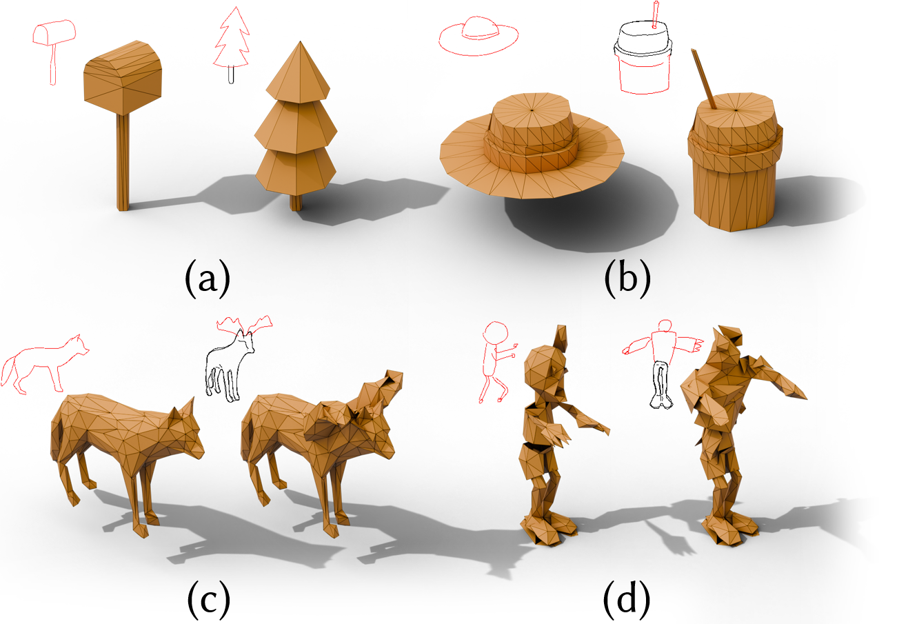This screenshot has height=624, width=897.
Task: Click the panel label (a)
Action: click(208, 279)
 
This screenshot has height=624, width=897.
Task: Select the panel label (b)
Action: click(627, 279)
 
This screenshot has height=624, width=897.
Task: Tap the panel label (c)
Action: click(209, 600)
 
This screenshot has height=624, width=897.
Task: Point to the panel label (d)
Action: click(627, 600)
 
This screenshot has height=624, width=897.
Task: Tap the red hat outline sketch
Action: click(478, 35)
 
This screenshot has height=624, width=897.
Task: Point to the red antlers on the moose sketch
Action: click(244, 325)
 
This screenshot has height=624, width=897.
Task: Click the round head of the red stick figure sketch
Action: click(496, 332)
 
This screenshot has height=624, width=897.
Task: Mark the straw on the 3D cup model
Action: click(703, 79)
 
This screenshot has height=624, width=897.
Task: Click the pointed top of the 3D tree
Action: click(299, 43)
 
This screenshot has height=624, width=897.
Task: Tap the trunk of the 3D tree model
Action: click(296, 202)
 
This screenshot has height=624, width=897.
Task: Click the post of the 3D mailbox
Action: click(123, 162)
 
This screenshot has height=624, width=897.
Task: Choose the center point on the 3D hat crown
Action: click(532, 110)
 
